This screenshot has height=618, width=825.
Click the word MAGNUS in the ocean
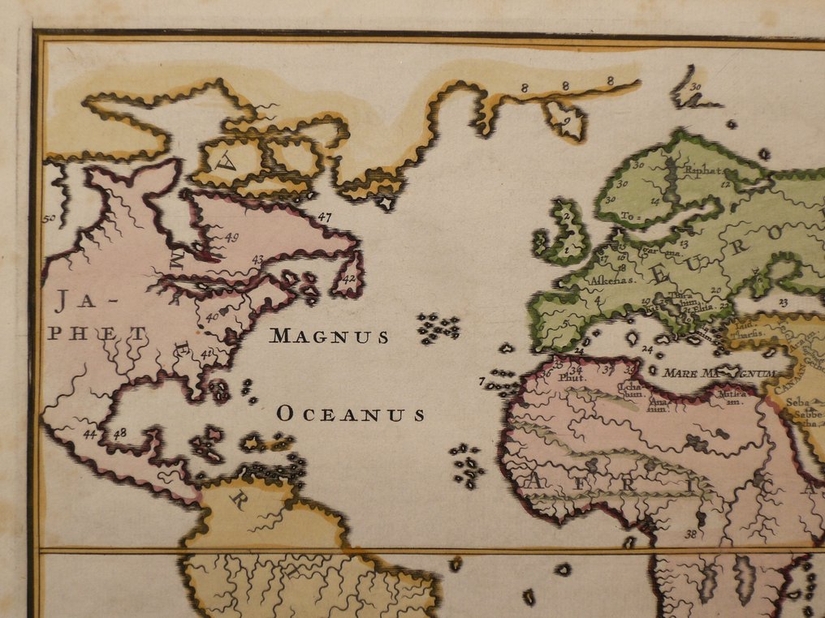329,336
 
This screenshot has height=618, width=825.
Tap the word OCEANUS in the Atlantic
351,414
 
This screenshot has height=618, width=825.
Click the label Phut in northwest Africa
572,376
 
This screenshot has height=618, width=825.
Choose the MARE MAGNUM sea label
719,373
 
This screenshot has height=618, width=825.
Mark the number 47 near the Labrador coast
325,217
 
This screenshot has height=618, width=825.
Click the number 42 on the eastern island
349,278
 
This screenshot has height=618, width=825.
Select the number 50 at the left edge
49,218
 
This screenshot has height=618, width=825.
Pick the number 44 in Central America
89,434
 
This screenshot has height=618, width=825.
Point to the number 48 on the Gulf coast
119,432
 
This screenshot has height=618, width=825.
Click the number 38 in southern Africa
690,534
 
